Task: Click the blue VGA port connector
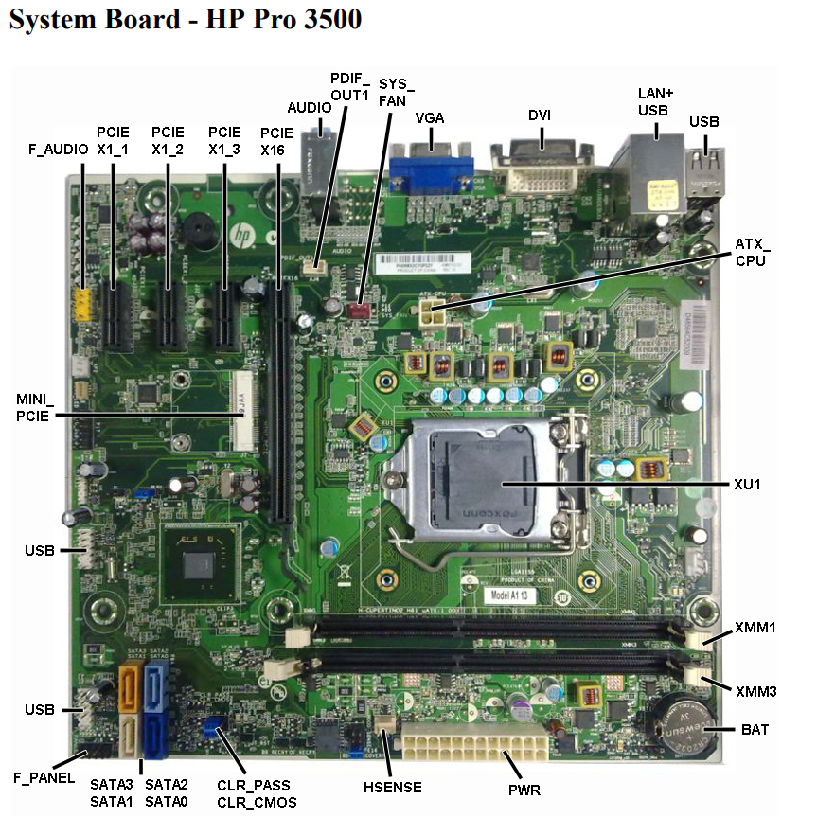[x=431, y=172]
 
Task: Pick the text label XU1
[x=747, y=484]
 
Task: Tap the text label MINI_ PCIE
[x=36, y=405]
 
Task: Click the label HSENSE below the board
[x=392, y=787]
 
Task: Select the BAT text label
[x=755, y=730]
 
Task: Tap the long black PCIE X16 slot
[x=280, y=398]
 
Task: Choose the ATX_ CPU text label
[x=753, y=253]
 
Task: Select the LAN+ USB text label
[x=653, y=101]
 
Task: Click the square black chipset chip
[x=200, y=566]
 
